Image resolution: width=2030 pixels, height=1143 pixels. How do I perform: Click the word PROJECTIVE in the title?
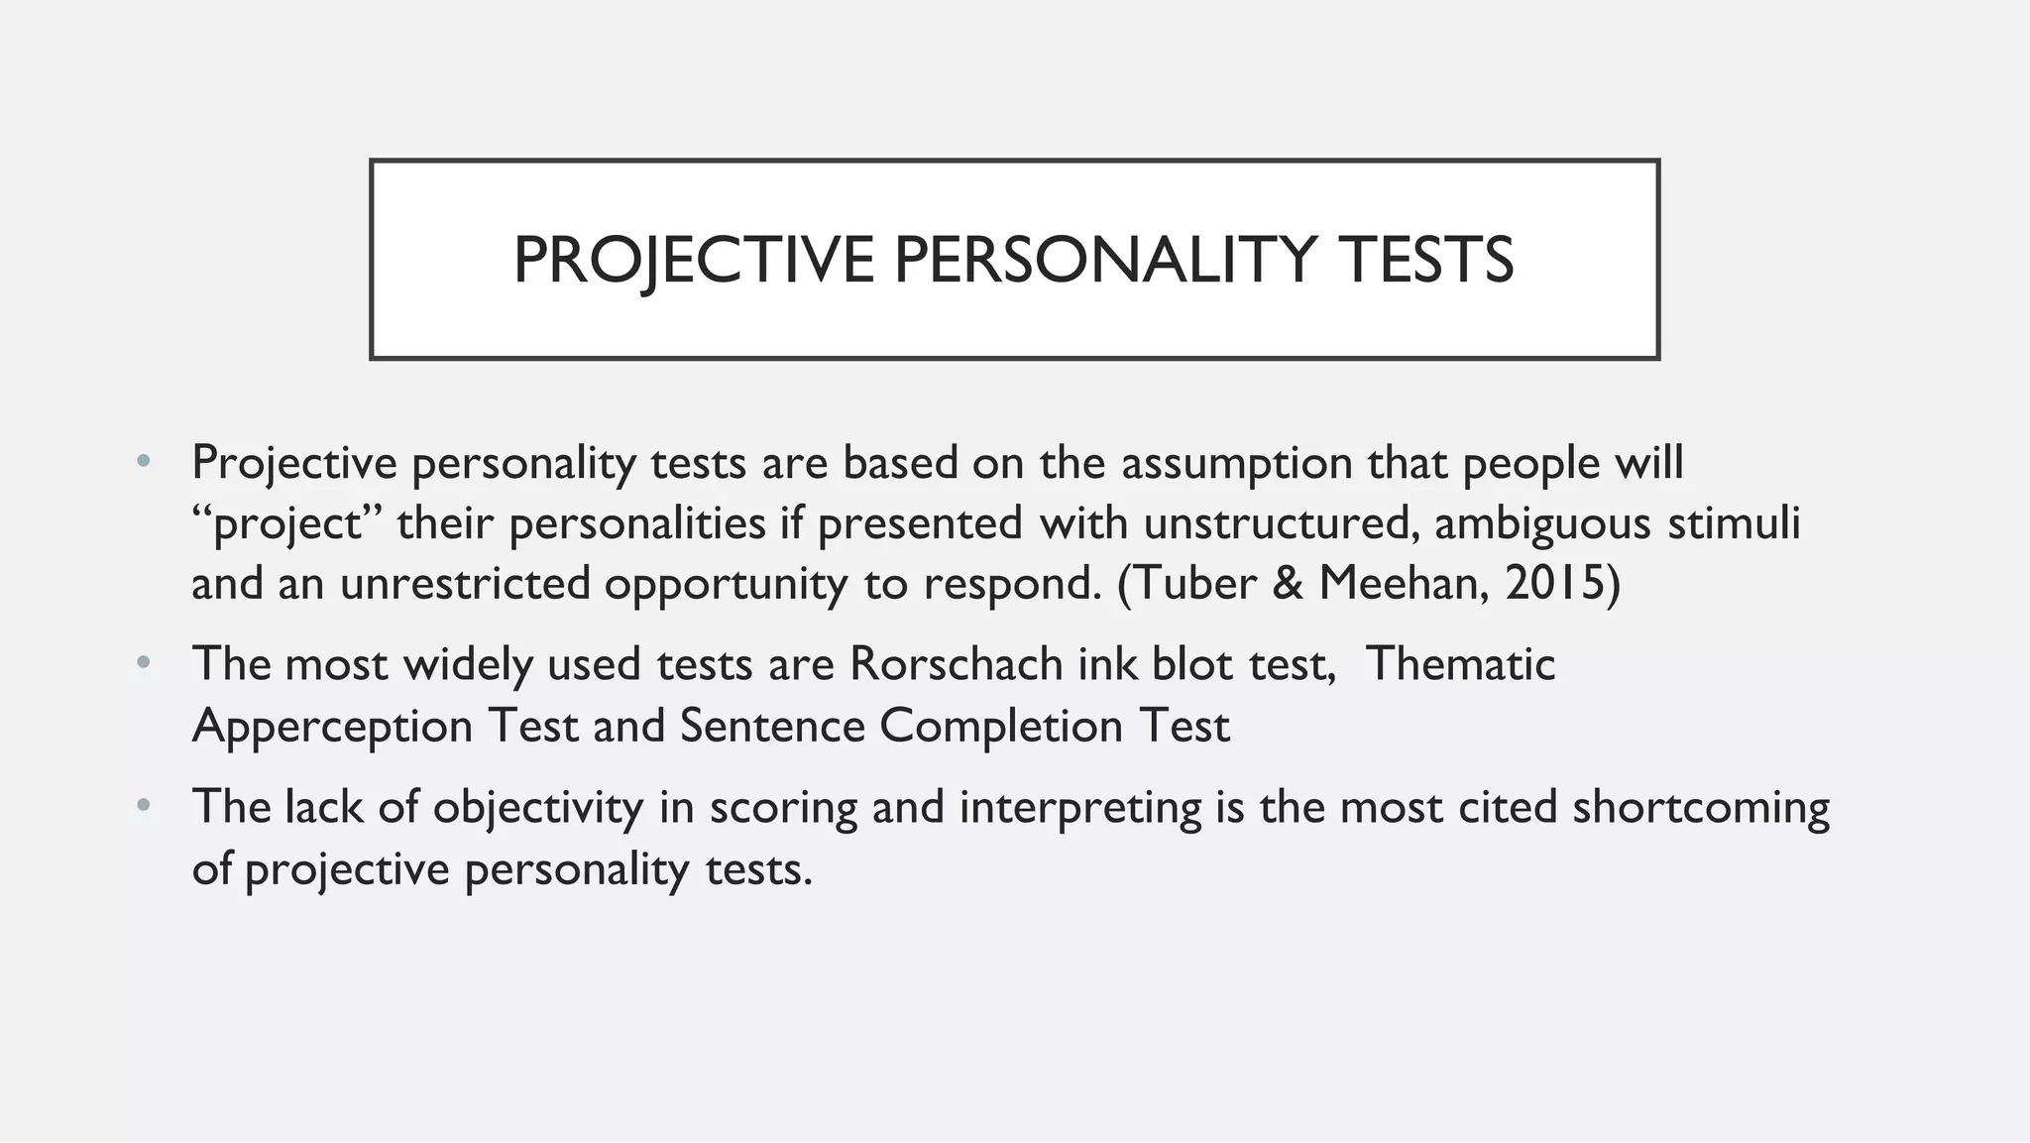click(x=693, y=261)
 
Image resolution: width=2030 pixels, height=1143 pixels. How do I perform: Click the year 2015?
click(x=1553, y=584)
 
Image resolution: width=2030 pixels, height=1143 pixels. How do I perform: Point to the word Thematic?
click(x=1459, y=664)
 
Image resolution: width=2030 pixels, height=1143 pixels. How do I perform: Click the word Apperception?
click(x=332, y=727)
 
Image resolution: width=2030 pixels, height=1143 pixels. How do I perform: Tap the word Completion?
click(x=1000, y=727)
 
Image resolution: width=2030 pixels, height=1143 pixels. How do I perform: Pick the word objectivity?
click(x=538, y=808)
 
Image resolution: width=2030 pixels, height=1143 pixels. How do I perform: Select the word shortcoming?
click(x=1700, y=808)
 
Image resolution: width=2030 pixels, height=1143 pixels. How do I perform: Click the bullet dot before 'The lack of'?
click(x=144, y=806)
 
